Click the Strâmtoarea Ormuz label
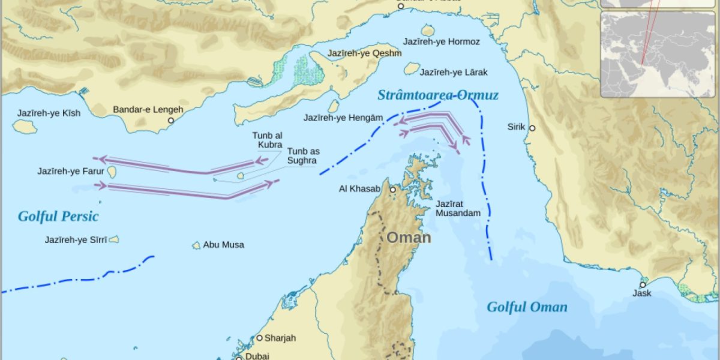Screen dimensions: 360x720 click(x=438, y=95)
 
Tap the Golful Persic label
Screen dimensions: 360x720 click(x=58, y=217)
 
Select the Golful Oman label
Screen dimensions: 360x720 click(x=527, y=307)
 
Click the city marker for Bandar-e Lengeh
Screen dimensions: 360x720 click(x=171, y=121)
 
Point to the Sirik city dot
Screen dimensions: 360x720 click(x=532, y=128)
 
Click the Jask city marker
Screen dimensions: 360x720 click(x=643, y=284)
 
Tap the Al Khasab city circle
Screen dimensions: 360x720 click(x=392, y=190)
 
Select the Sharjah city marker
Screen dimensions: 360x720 click(x=260, y=338)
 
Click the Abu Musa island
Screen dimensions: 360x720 click(x=196, y=245)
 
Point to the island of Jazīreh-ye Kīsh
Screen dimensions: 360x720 click(x=25, y=126)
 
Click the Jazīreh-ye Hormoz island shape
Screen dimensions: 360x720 click(x=428, y=30)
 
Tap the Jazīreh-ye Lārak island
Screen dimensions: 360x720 click(x=411, y=69)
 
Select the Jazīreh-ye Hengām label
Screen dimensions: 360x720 click(x=343, y=118)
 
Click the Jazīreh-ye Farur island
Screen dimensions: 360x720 click(x=112, y=172)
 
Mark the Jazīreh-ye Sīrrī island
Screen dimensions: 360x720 click(x=113, y=239)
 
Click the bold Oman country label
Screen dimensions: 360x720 click(x=408, y=238)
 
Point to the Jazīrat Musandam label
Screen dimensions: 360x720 click(x=458, y=209)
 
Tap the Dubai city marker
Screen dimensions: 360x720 click(x=238, y=358)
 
